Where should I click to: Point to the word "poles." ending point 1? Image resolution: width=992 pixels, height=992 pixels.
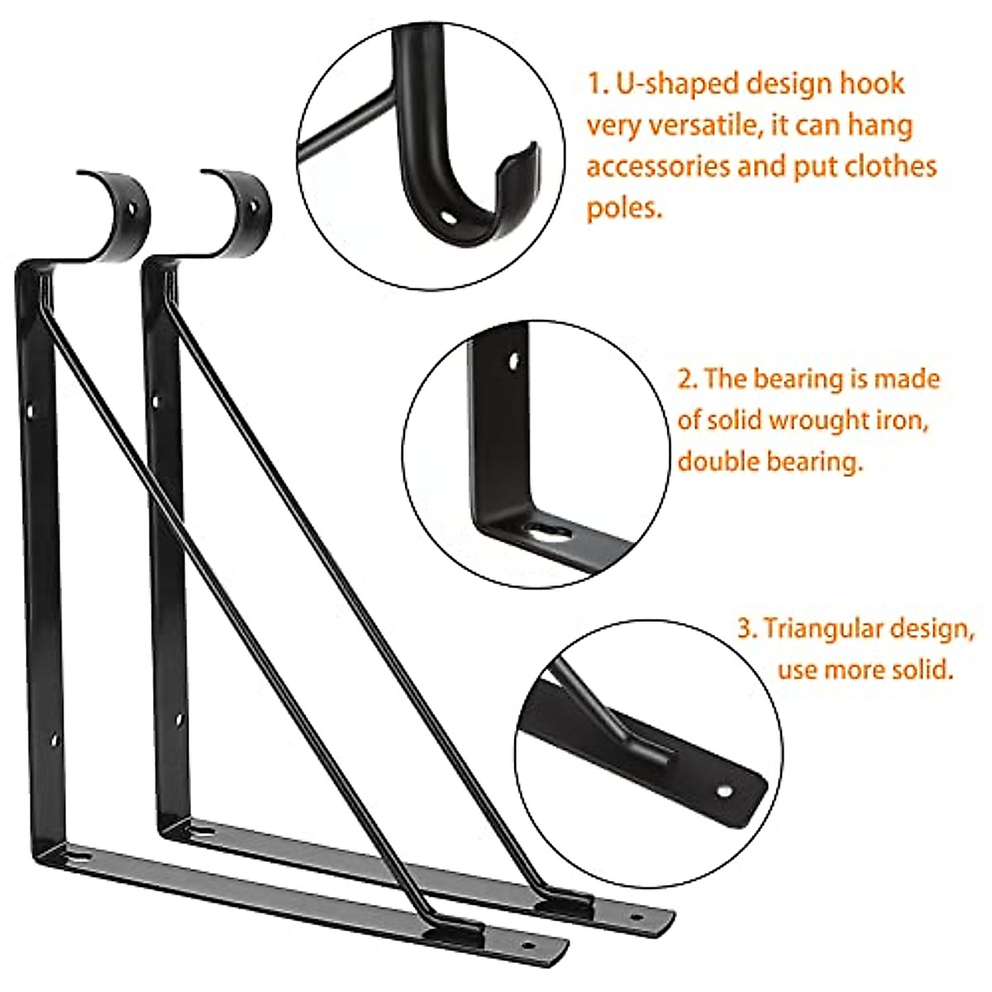(x=625, y=207)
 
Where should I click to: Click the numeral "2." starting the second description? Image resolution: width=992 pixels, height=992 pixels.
(x=689, y=379)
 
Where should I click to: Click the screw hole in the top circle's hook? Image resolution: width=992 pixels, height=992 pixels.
(x=447, y=218)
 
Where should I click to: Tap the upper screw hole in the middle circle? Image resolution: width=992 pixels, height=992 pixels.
(x=515, y=361)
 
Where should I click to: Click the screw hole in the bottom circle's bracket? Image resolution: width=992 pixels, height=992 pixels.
(x=724, y=791)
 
